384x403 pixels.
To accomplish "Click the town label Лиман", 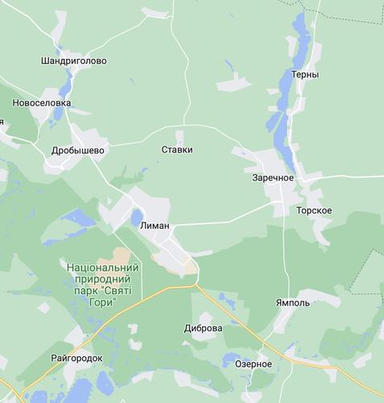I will [x=155, y=228].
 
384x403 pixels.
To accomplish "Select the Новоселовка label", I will [x=41, y=103].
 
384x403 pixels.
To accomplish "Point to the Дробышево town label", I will [x=78, y=150].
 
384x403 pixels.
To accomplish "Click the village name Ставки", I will [x=177, y=149].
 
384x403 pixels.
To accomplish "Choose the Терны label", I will [x=306, y=74].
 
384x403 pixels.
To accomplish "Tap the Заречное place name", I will [x=273, y=177].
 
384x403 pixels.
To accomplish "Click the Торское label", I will [x=314, y=210].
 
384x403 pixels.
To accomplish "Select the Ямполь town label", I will [x=291, y=305].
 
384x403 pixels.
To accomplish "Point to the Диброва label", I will [x=203, y=329].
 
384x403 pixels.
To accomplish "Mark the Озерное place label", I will [x=253, y=364].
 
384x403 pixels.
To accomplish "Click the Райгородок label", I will [x=76, y=357].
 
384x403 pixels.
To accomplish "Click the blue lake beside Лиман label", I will [x=135, y=216].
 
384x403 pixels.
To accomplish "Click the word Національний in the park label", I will [x=102, y=267].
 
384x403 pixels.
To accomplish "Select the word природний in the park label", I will [x=102, y=278].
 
